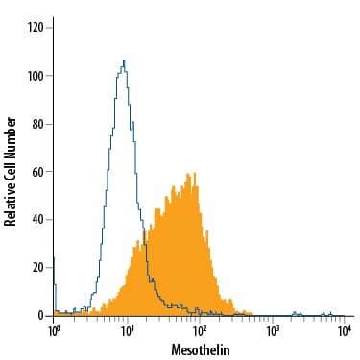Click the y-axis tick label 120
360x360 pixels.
[x=35, y=28]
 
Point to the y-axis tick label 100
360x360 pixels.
[x=36, y=76]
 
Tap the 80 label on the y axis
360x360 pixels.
[x=37, y=124]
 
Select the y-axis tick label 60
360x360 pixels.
[x=37, y=172]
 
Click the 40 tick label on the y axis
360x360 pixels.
[x=37, y=220]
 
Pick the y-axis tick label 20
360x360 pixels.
[x=37, y=267]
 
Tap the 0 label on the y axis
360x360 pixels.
[x=40, y=316]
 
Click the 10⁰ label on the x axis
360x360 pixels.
[x=53, y=331]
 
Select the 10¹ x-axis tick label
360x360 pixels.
[x=127, y=331]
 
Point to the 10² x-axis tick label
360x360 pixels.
[x=199, y=331]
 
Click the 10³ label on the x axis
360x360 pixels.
[x=272, y=331]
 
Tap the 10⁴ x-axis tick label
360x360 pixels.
[x=344, y=331]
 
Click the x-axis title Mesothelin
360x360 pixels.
[x=201, y=349]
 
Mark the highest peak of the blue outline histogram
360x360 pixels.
[x=124, y=60]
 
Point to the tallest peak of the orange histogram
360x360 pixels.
[x=195, y=174]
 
